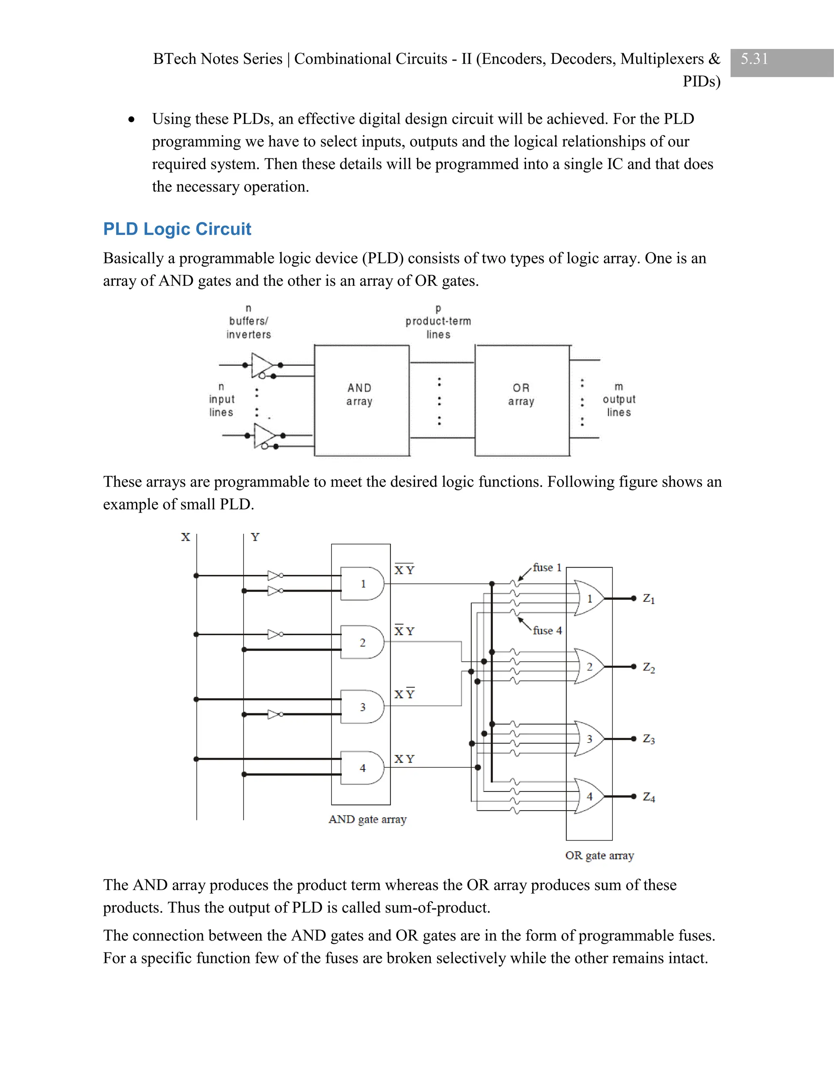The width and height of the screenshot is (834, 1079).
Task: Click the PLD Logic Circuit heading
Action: coord(177,229)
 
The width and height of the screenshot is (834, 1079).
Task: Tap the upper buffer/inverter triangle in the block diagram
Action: coord(261,365)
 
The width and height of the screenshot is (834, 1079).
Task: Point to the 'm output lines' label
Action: coord(619,399)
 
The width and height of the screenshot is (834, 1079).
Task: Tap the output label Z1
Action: coord(648,599)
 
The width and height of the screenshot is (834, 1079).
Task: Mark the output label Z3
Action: coord(648,739)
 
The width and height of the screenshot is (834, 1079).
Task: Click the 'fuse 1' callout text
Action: coord(547,568)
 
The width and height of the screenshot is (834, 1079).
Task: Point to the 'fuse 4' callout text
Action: coord(547,631)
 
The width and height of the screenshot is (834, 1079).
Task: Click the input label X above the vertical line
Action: coord(185,537)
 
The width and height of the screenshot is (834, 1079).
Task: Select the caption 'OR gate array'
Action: coord(599,856)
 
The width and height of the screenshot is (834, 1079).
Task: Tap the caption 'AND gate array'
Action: coord(367,820)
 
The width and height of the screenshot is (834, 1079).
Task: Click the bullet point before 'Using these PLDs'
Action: coord(131,120)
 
